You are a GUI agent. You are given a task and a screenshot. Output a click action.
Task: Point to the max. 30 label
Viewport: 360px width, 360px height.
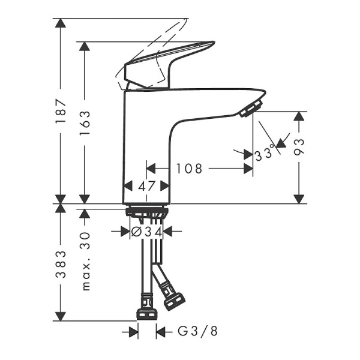tap(85, 262)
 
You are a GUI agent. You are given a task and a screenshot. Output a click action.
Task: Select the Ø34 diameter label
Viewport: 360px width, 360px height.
tap(147, 230)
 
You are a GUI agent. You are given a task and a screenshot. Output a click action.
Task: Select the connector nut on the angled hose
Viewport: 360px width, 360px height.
tap(174, 300)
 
